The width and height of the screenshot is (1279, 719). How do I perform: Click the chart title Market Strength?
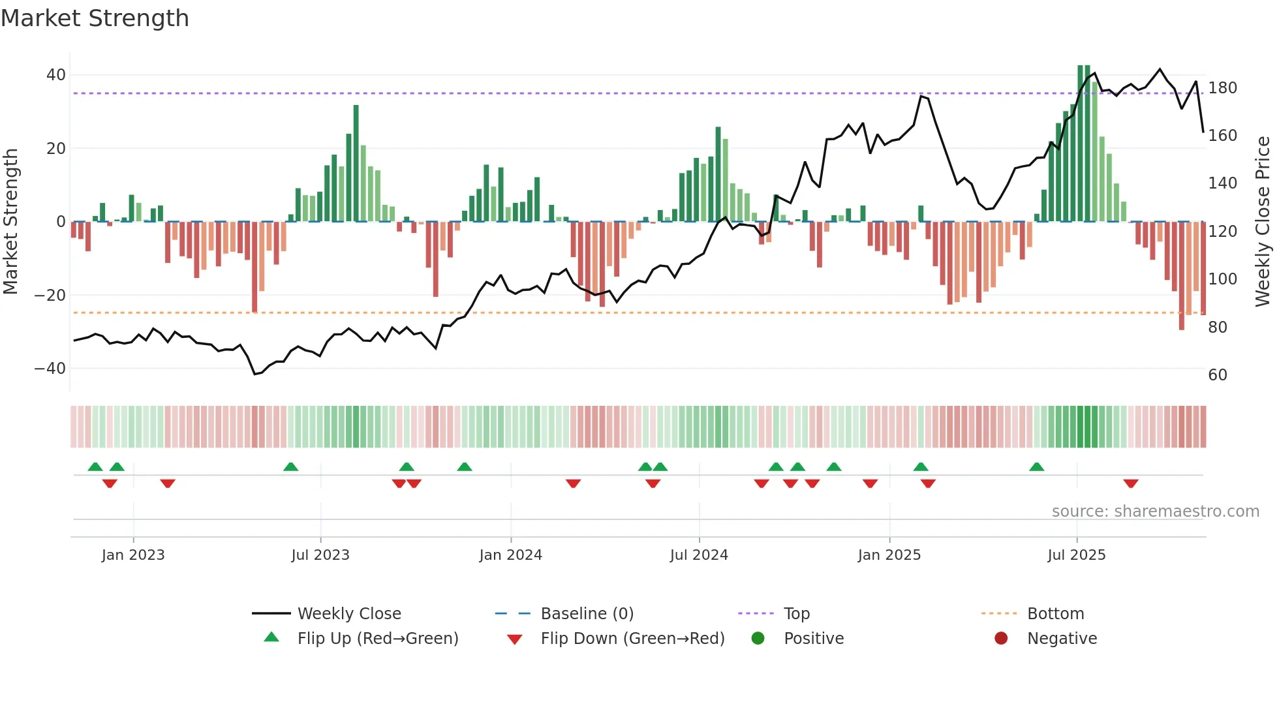click(x=95, y=18)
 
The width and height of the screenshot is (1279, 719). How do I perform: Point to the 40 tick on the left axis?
click(x=56, y=75)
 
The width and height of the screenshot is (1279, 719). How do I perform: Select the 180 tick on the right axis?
click(x=1222, y=88)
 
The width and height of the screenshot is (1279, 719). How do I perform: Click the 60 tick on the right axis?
click(x=1218, y=375)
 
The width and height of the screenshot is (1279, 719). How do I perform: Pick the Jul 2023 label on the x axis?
click(x=320, y=555)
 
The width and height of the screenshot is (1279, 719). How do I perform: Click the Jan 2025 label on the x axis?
click(x=889, y=555)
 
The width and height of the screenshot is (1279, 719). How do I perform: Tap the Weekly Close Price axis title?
click(x=1263, y=222)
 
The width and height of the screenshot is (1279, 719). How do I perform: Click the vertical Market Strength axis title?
click(x=11, y=222)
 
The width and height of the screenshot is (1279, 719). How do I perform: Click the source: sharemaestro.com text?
click(x=1155, y=512)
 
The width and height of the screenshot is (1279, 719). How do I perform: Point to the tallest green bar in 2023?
click(x=356, y=163)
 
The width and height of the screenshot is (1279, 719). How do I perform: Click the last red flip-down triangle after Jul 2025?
click(x=1131, y=483)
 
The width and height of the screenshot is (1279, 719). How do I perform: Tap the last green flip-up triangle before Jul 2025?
click(x=1037, y=467)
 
